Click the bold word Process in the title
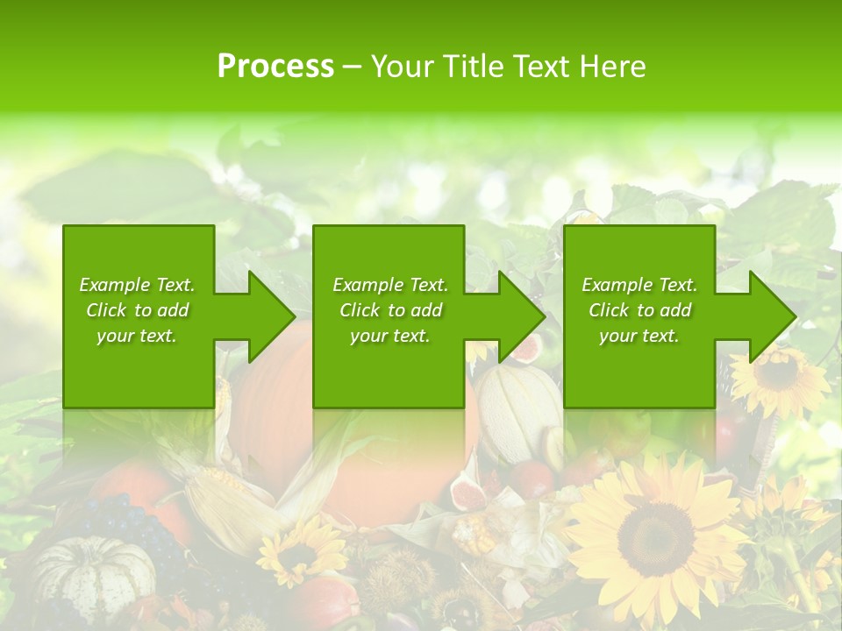coord(275,66)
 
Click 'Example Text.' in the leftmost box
coord(137,285)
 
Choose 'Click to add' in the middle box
coord(390,310)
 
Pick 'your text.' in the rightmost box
coord(639,336)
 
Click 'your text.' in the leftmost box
coord(137,336)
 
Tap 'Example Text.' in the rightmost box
coord(639,285)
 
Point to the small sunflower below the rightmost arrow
coord(778,375)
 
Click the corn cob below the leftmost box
coord(215,491)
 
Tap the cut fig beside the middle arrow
coord(526,349)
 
